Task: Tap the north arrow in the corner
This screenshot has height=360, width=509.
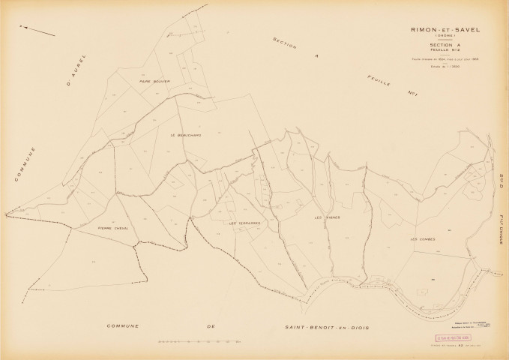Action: coord(38,31)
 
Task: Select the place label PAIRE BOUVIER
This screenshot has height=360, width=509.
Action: coord(155,81)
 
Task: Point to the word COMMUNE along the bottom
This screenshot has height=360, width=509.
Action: coord(130,328)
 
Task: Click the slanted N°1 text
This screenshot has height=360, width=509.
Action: coord(411,93)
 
